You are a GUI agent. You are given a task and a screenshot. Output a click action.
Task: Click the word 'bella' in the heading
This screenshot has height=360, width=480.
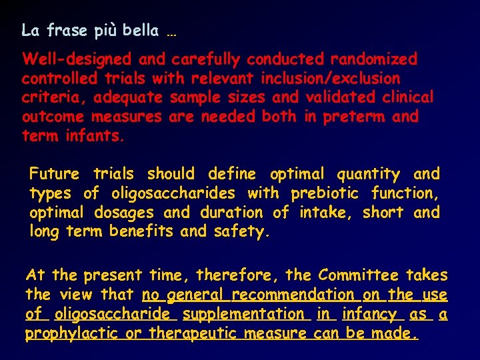(x=141, y=30)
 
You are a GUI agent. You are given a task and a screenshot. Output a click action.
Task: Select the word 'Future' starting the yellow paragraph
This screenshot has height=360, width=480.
(x=54, y=175)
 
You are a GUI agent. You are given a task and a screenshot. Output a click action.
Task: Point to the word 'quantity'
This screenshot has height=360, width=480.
(x=369, y=175)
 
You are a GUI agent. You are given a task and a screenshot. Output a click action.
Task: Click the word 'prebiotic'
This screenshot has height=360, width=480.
(x=322, y=194)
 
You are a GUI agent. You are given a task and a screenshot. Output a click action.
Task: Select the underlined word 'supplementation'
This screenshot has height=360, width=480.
(x=243, y=314)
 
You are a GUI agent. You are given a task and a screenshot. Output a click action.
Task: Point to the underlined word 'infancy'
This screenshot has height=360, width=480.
(x=369, y=314)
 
